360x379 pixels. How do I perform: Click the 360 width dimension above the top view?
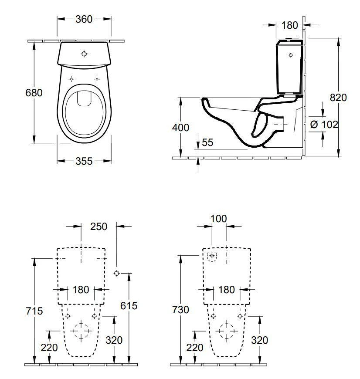[x=84, y=20]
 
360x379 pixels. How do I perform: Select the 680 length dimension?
[x=34, y=93]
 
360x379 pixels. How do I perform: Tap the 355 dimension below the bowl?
[x=84, y=161]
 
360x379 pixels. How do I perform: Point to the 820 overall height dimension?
[x=338, y=98]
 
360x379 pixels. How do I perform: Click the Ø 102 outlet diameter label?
[x=324, y=125]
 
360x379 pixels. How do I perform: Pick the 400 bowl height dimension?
[x=180, y=128]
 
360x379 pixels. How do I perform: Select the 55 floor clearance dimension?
[x=207, y=142]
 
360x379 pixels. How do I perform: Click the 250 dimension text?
[x=98, y=227]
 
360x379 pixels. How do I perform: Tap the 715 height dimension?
[x=34, y=311]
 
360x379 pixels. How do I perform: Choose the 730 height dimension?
[x=180, y=310]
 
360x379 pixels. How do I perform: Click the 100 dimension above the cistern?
[x=218, y=218]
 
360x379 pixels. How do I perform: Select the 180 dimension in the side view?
[x=289, y=26]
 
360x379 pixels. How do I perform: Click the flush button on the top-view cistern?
[x=84, y=54]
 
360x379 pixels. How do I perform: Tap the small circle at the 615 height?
[x=116, y=273]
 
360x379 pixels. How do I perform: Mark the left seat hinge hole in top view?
[x=71, y=79]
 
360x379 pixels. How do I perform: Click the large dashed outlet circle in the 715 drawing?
[x=82, y=331]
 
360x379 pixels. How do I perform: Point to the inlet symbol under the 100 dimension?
[x=212, y=256]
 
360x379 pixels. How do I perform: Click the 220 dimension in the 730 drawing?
[x=195, y=347]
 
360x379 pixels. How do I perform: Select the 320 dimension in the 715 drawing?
[x=114, y=340]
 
